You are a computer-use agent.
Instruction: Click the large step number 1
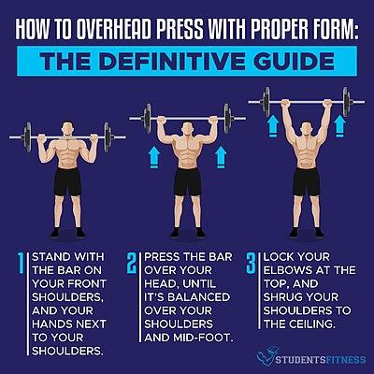[21, 264]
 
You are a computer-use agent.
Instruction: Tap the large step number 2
[132, 264]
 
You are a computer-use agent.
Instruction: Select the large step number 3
[251, 264]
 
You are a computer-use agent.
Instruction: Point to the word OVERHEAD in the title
[114, 30]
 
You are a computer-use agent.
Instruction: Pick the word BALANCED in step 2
[199, 297]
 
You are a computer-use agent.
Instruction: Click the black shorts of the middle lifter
[187, 182]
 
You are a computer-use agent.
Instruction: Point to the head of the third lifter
[307, 130]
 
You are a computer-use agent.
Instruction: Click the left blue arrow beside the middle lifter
[154, 158]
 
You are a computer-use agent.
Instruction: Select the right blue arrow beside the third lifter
[339, 126]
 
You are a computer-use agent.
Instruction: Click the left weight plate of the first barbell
[28, 137]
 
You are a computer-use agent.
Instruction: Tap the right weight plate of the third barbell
[346, 102]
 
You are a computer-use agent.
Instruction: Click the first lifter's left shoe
[55, 233]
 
